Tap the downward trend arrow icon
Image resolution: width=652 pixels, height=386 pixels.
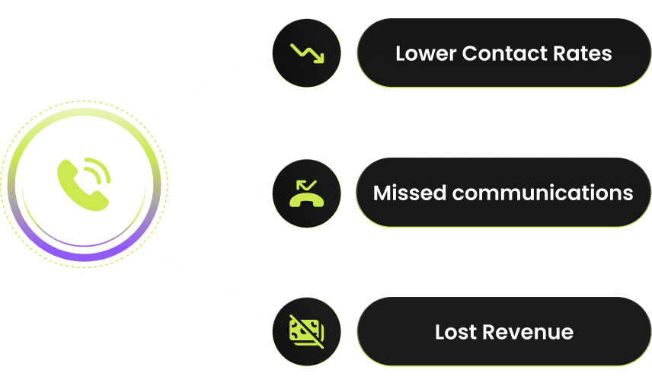(308, 53)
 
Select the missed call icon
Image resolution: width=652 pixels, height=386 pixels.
(308, 193)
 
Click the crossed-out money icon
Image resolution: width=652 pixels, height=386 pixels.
(308, 332)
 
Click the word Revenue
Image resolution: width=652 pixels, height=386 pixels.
(531, 332)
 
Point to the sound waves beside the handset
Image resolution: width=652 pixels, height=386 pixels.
(98, 171)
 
